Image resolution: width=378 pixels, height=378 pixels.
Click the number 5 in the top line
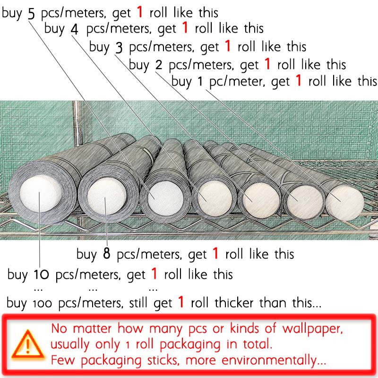[x=32, y=14]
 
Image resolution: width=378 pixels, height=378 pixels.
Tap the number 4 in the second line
[x=75, y=29]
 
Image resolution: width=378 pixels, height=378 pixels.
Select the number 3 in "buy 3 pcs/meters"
[x=119, y=48]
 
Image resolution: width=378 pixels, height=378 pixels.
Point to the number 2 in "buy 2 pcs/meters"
[x=159, y=65]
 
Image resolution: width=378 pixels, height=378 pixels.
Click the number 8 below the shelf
[x=107, y=253]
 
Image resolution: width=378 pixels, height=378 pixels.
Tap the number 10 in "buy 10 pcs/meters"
[x=41, y=274]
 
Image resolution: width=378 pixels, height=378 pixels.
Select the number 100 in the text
[x=43, y=303]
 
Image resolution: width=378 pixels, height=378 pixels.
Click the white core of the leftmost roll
[x=40, y=194]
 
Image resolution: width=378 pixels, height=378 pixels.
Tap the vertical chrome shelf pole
[x=77, y=123]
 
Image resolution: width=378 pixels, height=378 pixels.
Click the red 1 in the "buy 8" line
[x=215, y=253]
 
